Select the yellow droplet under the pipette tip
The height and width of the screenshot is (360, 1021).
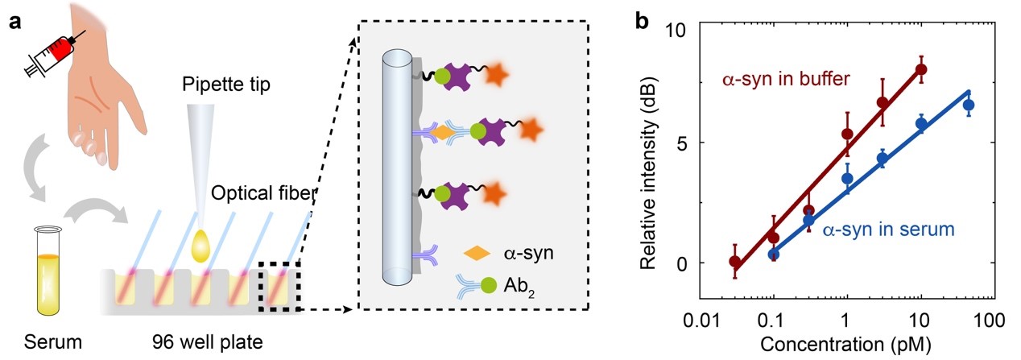[x=204, y=245]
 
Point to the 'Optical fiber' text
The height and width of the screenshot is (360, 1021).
[x=262, y=193]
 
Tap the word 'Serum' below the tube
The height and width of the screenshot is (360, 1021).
[x=46, y=341]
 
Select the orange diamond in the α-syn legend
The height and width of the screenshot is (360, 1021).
[x=477, y=255]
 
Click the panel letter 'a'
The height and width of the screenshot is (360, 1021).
[x=14, y=21]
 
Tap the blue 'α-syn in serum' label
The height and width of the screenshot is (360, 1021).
[x=887, y=230]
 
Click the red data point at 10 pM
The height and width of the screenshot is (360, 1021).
[x=921, y=69]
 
